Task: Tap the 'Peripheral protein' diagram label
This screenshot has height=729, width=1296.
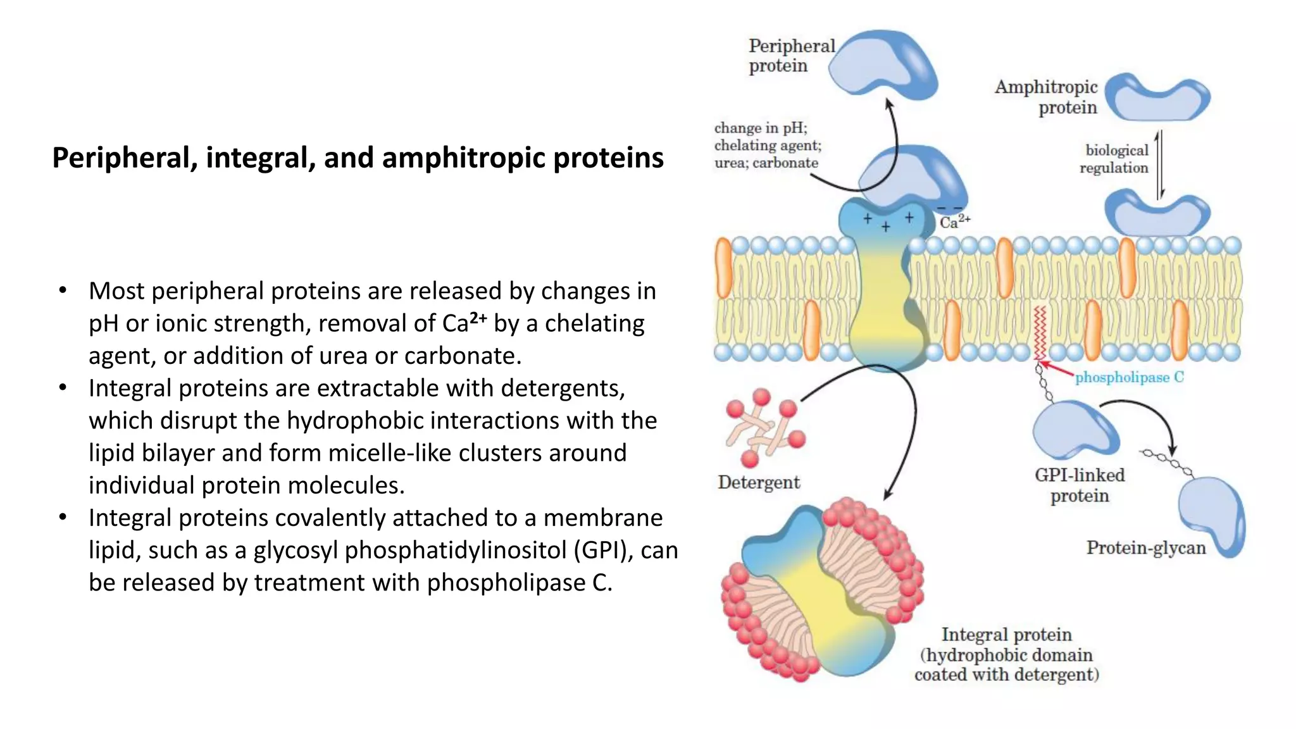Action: coord(791,56)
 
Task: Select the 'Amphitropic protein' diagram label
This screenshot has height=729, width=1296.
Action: coord(1046,97)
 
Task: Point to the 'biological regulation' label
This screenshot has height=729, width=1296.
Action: coord(1114,159)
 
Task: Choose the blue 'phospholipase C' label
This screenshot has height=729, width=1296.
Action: coord(1129,377)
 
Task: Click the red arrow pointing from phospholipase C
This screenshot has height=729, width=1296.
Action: coord(1057,368)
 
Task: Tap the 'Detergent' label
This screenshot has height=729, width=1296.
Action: coord(759,482)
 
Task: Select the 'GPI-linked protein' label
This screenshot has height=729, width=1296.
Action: coord(1080,485)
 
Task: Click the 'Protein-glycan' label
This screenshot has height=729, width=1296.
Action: coord(1146,547)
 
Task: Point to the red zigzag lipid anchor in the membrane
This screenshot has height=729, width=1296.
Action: coord(1038,333)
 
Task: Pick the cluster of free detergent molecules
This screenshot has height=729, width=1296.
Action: coord(764,427)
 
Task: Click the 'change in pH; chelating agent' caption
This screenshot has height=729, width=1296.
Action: coord(767,146)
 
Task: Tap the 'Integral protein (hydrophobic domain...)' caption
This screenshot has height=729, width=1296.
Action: coord(1006,654)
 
